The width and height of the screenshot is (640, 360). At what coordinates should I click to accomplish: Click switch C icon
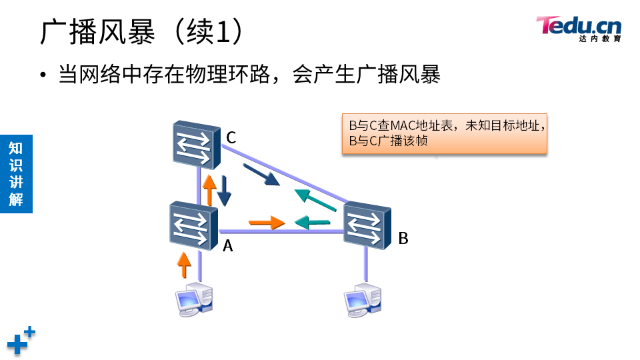pos(194,144)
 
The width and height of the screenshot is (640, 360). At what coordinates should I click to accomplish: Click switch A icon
pos(194,224)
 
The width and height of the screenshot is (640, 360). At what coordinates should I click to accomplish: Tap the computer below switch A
pos(194,298)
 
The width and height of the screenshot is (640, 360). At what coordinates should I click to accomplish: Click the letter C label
pos(231,138)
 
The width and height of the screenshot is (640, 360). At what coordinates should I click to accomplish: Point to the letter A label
pos(227,246)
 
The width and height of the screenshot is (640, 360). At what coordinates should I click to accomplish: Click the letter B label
pos(403,238)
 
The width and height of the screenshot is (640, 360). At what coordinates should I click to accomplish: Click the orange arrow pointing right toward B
pos(267,222)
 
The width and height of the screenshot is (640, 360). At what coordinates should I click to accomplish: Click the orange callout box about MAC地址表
pos(445,133)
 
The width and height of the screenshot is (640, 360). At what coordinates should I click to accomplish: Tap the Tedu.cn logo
pos(579,28)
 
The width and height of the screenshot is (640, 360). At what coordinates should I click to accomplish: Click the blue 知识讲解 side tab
pos(16,173)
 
